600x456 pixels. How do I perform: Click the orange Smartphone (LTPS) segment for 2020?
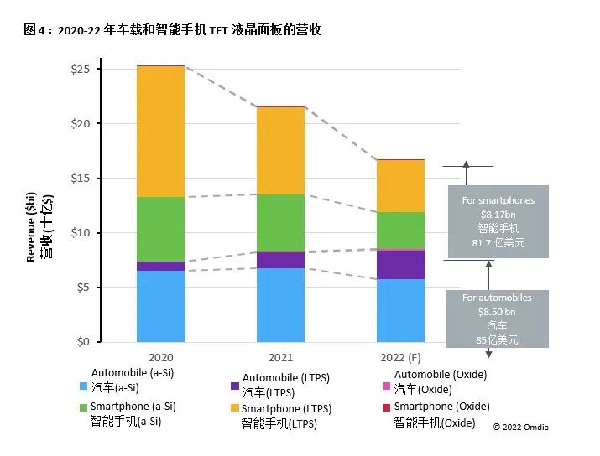point(160,132)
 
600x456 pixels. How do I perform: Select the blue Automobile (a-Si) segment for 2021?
point(280,305)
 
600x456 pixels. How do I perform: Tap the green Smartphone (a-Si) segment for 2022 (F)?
point(400,230)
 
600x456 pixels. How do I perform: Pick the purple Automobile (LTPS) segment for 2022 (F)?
point(400,264)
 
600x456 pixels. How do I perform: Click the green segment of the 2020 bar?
point(160,229)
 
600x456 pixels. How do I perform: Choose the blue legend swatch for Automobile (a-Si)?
point(83,387)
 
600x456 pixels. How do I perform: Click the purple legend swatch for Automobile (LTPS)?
point(234,387)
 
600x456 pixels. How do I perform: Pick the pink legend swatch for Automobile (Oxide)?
point(387,387)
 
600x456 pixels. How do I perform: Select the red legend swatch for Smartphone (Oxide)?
point(387,408)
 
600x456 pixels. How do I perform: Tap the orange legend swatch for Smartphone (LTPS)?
point(234,408)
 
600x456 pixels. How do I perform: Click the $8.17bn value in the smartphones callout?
point(498,214)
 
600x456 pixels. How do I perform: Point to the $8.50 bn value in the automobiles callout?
point(498,311)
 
